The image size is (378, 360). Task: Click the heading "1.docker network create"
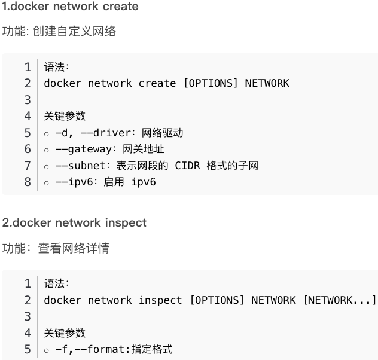(70, 7)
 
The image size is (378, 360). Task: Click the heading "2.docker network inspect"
(74, 223)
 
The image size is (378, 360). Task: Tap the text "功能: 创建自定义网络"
(59, 32)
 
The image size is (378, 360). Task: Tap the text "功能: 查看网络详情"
(56, 248)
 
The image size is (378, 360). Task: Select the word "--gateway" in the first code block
(80, 149)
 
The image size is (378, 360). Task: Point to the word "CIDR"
(188, 166)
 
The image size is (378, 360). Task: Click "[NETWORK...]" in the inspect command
(339, 300)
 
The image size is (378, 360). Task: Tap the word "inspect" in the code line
(160, 300)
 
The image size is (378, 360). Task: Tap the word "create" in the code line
(157, 83)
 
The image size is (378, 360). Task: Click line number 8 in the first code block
(28, 182)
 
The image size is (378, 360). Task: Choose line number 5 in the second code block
(28, 349)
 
